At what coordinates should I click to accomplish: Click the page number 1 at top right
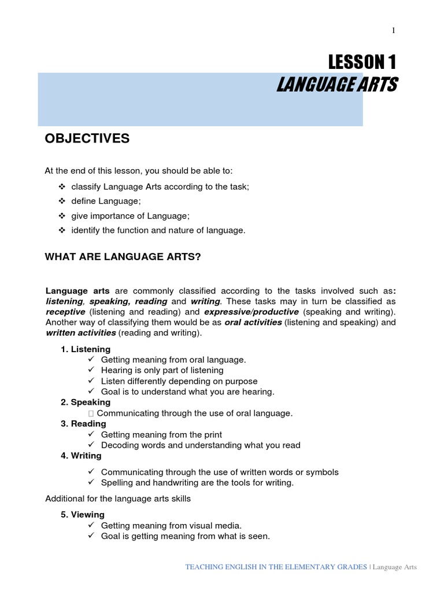(x=393, y=31)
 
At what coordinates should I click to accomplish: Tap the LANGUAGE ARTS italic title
(x=336, y=85)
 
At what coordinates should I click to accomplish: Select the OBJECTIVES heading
(x=87, y=138)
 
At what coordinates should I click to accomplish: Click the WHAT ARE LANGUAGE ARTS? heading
(x=123, y=257)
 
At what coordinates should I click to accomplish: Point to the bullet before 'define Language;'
(x=62, y=202)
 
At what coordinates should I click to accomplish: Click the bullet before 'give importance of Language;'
(x=62, y=216)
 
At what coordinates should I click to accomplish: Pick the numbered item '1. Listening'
(x=86, y=349)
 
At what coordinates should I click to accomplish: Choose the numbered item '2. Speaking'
(x=86, y=402)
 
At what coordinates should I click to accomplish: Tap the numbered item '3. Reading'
(x=83, y=424)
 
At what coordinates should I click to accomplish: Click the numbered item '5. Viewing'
(x=83, y=514)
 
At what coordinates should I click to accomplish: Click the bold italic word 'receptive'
(x=65, y=312)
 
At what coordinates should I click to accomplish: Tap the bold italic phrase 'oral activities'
(x=253, y=323)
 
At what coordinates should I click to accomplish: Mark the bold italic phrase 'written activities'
(x=80, y=334)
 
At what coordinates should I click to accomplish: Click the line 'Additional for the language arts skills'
(x=118, y=498)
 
